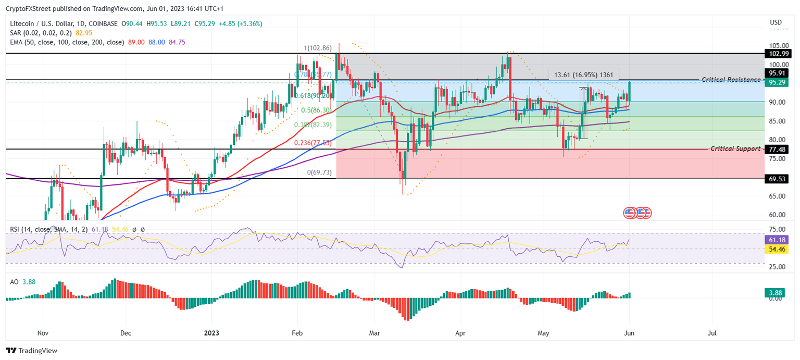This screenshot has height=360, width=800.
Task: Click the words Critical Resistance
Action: click(731, 80)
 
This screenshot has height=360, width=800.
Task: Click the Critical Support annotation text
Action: click(735, 148)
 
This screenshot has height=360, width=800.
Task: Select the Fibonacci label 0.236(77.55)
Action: click(312, 143)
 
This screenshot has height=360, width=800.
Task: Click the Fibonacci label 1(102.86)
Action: click(319, 48)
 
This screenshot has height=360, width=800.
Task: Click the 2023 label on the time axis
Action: click(211, 332)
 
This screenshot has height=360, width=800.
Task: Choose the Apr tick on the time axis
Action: click(460, 332)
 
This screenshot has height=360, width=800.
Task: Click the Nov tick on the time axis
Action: click(43, 332)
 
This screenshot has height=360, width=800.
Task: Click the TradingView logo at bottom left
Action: click(32, 351)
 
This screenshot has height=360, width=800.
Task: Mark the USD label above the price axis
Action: click(776, 22)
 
